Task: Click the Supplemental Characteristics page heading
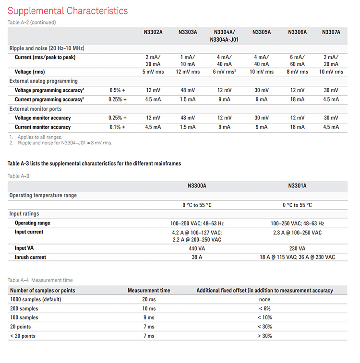coord(68,11)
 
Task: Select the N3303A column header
coord(188,32)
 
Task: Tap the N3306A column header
coord(297,32)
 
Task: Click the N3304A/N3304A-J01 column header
coord(224,35)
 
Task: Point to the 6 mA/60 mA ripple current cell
coord(297,60)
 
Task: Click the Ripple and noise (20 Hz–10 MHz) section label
coord(47,48)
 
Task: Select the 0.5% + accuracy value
coord(118,90)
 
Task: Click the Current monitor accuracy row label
coord(43,127)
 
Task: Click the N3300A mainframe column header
coord(197,186)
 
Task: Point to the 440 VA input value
coord(197,248)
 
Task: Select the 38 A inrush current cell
coord(197,257)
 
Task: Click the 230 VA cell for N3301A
coord(297,248)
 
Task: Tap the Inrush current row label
coord(31,257)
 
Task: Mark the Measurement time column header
coord(148,290)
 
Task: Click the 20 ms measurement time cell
coord(148,299)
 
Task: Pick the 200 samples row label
coord(24,308)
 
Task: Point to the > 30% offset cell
coord(264,336)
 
